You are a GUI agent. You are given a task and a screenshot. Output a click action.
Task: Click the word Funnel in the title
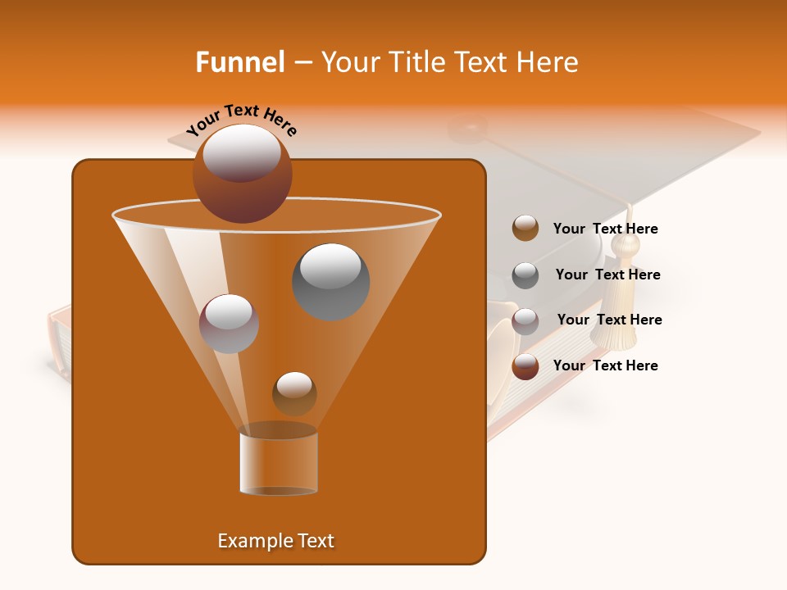[x=239, y=62]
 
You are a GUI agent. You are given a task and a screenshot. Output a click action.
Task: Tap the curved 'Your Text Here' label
[x=242, y=119]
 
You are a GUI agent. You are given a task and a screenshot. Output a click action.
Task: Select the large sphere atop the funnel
[x=243, y=173]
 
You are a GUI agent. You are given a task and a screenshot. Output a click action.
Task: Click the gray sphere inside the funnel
[x=330, y=282]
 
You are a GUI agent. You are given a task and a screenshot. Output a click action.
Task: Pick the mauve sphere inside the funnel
[x=229, y=324]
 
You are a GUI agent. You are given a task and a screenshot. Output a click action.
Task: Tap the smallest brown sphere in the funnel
[x=294, y=393]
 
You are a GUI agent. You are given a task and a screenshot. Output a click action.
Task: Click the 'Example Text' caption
[x=275, y=541]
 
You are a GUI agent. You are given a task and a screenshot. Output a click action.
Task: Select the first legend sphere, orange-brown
[x=525, y=229]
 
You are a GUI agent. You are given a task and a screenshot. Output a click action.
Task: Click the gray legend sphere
[x=525, y=275]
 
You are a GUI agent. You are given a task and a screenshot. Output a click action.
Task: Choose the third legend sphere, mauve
[x=525, y=321]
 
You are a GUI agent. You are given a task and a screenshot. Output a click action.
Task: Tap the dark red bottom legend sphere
[x=525, y=366]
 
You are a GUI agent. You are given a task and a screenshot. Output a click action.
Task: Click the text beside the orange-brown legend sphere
[x=605, y=229]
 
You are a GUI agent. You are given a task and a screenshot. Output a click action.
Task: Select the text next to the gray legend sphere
[x=607, y=275]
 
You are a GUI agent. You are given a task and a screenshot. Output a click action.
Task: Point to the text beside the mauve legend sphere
[x=609, y=320]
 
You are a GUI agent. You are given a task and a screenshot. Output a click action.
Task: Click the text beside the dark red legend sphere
[x=605, y=365]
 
